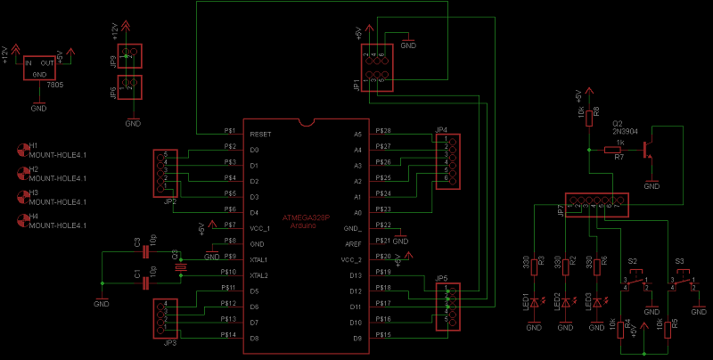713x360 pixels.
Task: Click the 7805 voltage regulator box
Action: (x=38, y=69)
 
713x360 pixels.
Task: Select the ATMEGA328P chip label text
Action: (x=306, y=217)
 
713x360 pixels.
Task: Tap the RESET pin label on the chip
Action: (x=260, y=134)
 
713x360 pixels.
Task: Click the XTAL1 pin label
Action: (x=259, y=259)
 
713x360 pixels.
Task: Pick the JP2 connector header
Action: (x=165, y=171)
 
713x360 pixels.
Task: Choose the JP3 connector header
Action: (x=165, y=316)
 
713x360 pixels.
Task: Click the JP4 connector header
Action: (x=448, y=161)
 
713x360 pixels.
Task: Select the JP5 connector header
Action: (x=448, y=307)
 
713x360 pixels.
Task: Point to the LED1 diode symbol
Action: (x=535, y=303)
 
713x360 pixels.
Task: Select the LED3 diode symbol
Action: (x=596, y=303)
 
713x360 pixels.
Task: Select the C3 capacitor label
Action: (x=137, y=241)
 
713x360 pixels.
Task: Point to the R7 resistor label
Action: (x=618, y=157)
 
